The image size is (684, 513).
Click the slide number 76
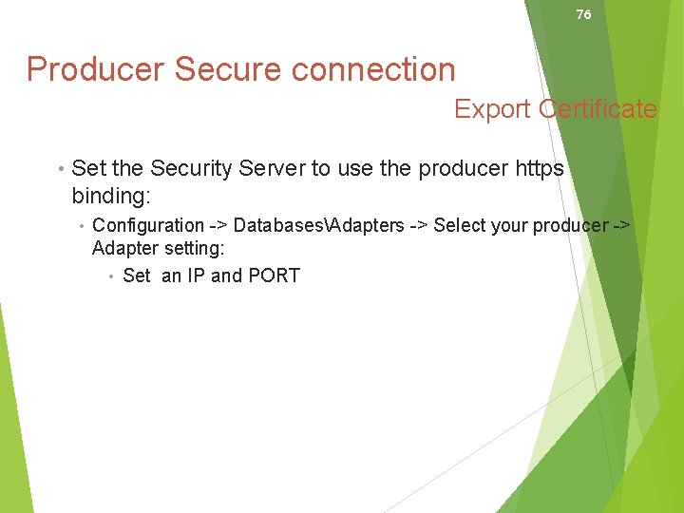[x=583, y=14]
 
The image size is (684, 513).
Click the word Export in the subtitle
[x=492, y=109]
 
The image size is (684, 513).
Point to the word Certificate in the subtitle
[x=598, y=109]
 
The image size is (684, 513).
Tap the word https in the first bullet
[x=539, y=169]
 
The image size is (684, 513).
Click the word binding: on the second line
[x=111, y=196]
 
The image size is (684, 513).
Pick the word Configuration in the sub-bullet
[x=148, y=225]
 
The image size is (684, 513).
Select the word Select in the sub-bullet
[x=459, y=225]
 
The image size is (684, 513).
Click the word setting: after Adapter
[x=192, y=249]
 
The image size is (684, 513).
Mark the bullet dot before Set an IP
[x=112, y=276]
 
